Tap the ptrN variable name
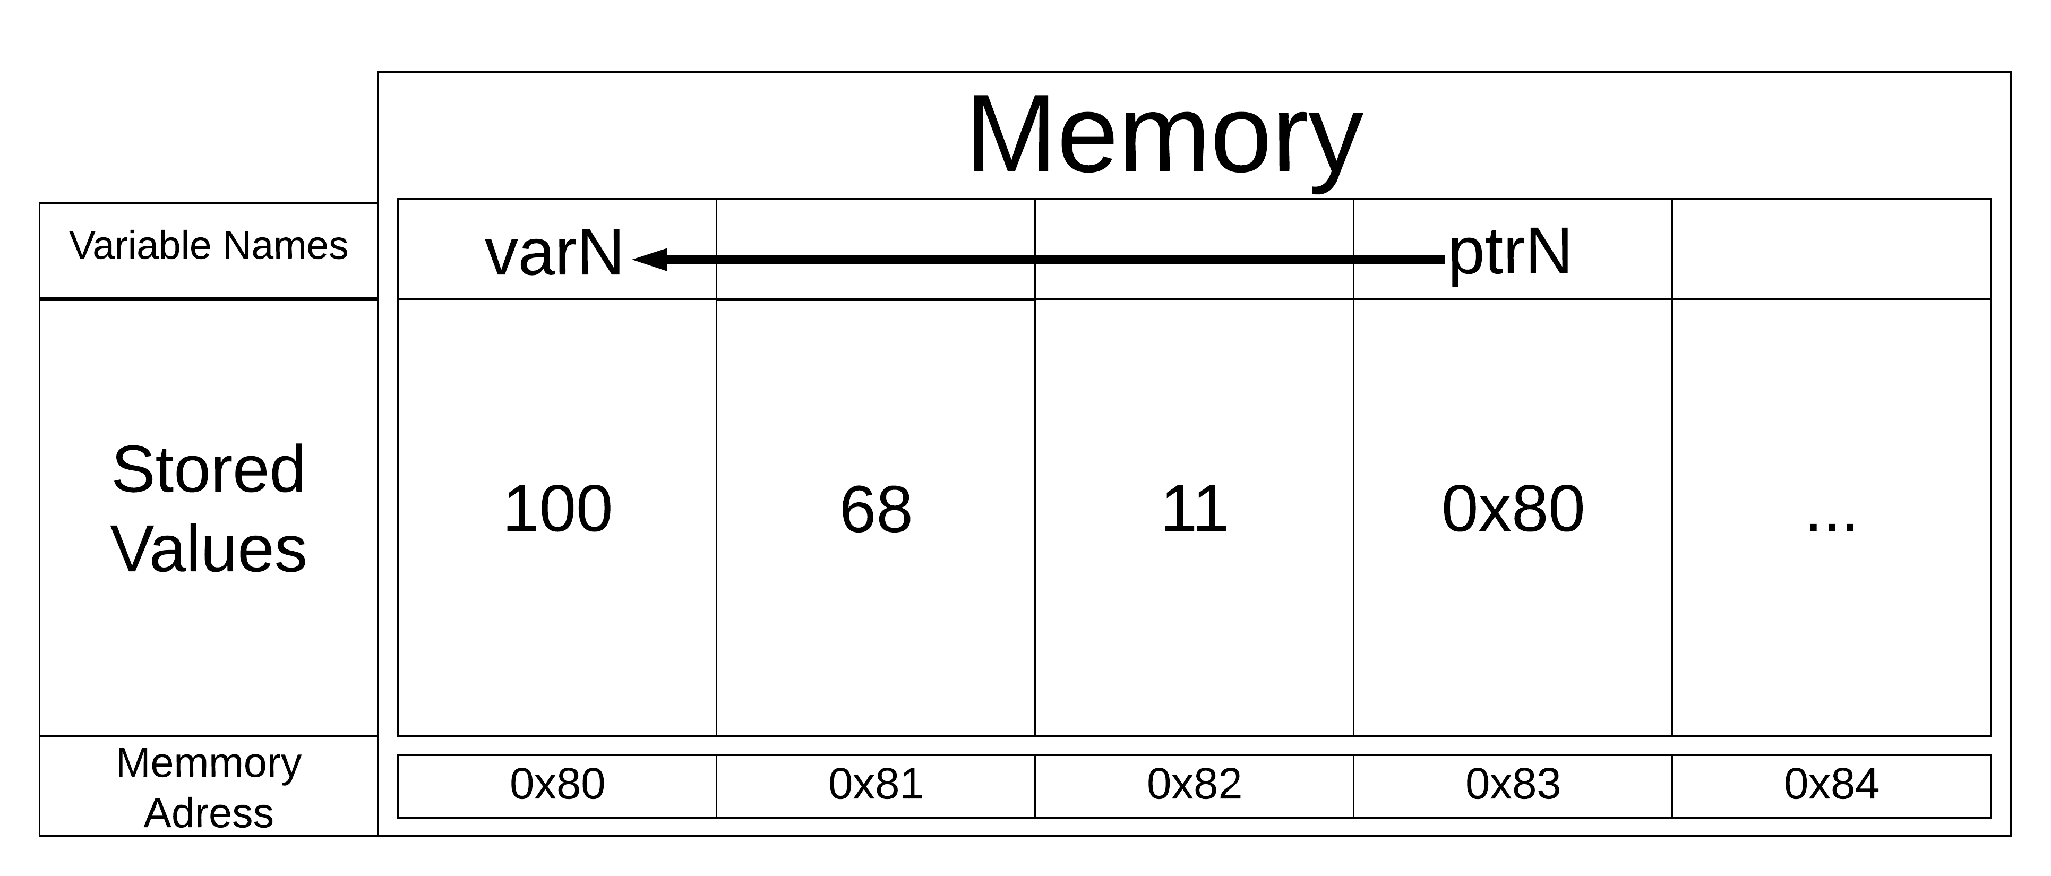tap(1509, 253)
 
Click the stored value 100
tap(557, 510)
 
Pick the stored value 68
tap(876, 510)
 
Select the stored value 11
tap(1194, 510)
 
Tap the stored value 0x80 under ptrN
tap(1513, 510)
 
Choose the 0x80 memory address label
tap(557, 785)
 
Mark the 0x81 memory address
tap(876, 785)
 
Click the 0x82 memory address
tap(1194, 785)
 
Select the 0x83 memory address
tap(1513, 785)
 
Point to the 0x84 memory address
tap(1831, 785)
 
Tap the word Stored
tap(209, 470)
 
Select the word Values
tap(209, 549)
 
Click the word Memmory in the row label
tap(209, 763)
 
